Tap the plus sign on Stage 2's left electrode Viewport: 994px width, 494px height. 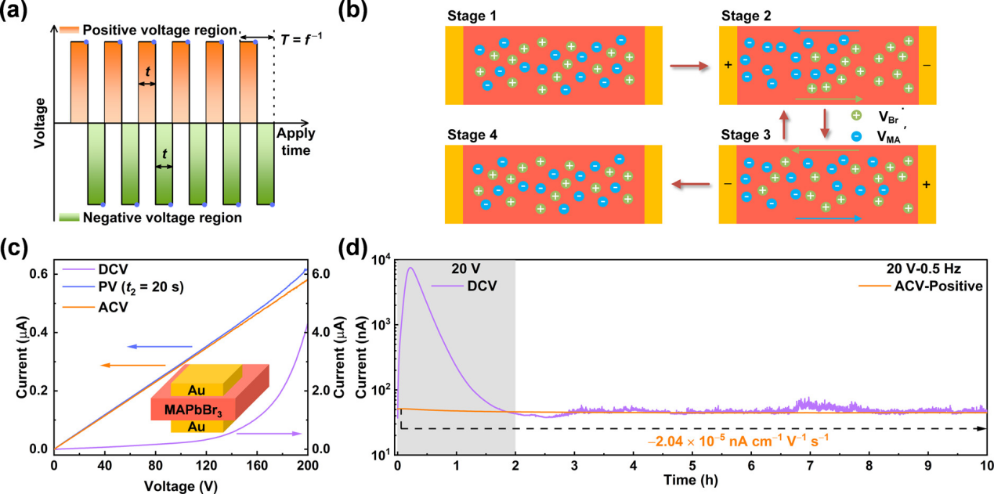click(728, 66)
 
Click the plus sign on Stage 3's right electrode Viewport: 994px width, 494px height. click(927, 185)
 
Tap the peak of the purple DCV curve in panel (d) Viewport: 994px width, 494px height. click(410, 269)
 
